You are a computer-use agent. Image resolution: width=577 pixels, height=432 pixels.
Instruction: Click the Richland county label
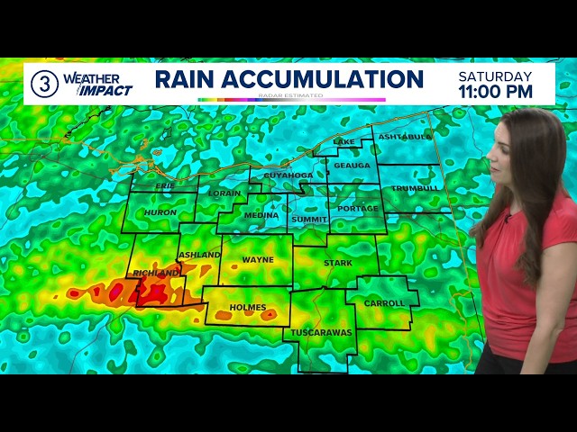coord(155,273)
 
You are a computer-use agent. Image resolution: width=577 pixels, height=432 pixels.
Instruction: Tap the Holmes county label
coord(248,308)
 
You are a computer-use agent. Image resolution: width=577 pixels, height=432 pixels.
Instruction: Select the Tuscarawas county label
coord(322,332)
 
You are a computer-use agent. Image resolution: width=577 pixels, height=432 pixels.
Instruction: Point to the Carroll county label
coord(384,303)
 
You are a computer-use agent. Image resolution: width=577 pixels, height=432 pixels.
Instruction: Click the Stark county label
coord(338,263)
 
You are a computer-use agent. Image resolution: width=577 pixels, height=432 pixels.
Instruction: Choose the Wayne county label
coord(258,260)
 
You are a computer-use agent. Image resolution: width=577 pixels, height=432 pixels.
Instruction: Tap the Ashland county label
coord(199,255)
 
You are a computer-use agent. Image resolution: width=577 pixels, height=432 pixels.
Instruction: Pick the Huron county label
coord(160,212)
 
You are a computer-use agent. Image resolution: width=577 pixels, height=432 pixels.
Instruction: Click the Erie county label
coord(164,185)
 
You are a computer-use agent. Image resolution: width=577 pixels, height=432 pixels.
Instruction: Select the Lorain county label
coord(224,193)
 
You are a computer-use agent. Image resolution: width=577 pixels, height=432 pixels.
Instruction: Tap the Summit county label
coord(309,219)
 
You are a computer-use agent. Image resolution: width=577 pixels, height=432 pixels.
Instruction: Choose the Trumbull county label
coord(415,188)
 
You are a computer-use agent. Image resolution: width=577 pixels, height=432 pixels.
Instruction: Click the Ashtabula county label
coord(405,137)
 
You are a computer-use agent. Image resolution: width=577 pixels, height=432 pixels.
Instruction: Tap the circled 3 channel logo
coord(44,84)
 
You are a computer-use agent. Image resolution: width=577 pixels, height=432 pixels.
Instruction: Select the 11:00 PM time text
coord(495,92)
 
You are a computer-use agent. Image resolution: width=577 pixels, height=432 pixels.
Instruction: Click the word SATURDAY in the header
coord(495,76)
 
